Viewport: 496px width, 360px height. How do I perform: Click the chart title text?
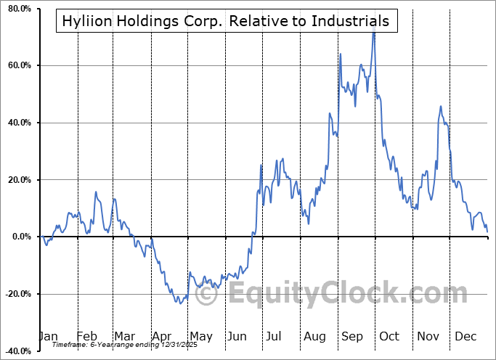225,21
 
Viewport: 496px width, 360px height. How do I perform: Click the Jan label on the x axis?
48,336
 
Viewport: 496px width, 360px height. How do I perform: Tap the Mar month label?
124,336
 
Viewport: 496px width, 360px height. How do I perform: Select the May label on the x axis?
200,336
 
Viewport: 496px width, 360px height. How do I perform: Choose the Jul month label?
275,336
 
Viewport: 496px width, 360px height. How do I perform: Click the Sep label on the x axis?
352,336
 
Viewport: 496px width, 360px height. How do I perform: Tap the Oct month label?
389,336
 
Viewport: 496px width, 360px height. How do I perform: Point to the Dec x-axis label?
465,336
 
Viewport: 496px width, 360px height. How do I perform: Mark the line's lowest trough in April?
179,303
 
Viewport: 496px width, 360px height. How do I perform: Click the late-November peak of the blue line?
440,107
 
